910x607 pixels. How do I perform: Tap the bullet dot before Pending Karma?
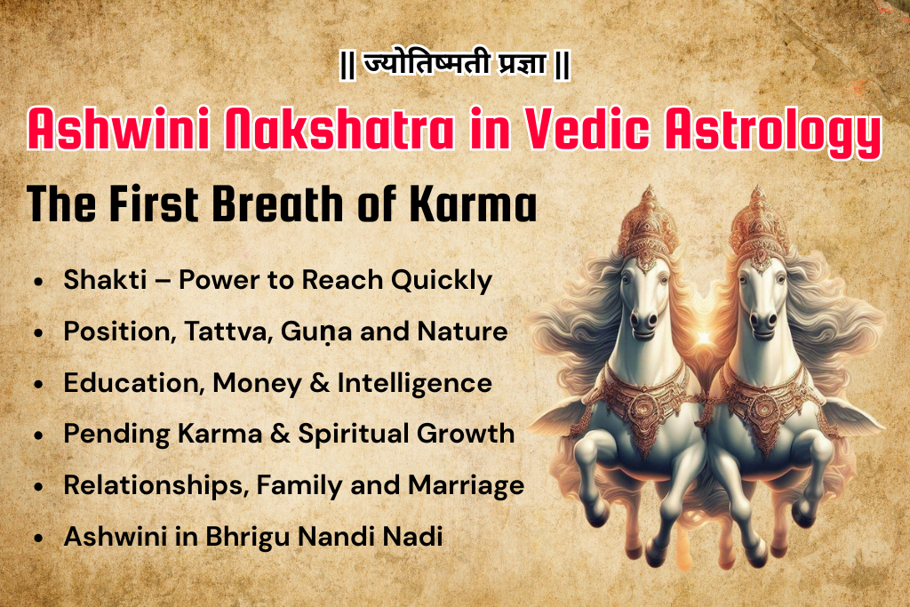37,435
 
